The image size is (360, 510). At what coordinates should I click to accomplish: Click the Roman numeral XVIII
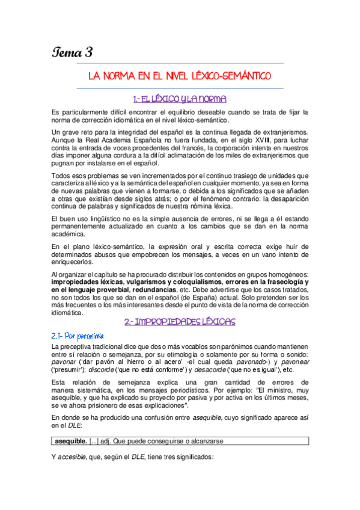239,140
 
